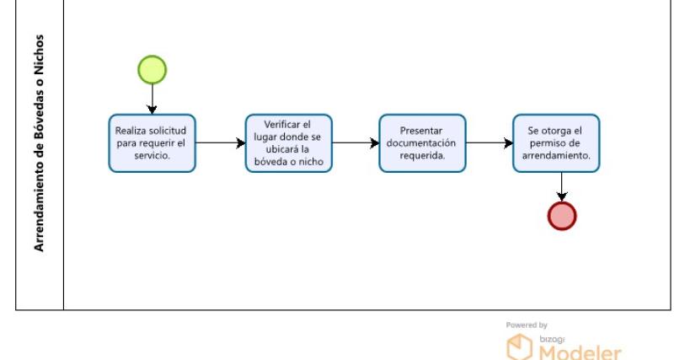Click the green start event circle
(152, 70)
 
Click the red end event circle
(562, 216)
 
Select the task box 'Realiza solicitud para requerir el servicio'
(152, 143)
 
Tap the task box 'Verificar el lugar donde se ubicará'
(289, 143)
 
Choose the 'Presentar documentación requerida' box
(423, 143)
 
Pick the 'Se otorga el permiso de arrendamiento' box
(556, 143)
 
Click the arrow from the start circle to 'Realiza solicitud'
(152, 99)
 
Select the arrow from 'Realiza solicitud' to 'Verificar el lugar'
(221, 142)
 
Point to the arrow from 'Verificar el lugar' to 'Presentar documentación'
(356, 142)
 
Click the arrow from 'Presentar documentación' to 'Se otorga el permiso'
(489, 142)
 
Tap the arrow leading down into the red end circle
(562, 187)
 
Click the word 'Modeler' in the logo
(580, 352)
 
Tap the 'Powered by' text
(527, 325)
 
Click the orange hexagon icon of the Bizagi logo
(519, 347)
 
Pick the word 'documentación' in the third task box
(421, 142)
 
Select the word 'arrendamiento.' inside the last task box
(556, 155)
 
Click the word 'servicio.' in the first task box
(152, 155)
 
